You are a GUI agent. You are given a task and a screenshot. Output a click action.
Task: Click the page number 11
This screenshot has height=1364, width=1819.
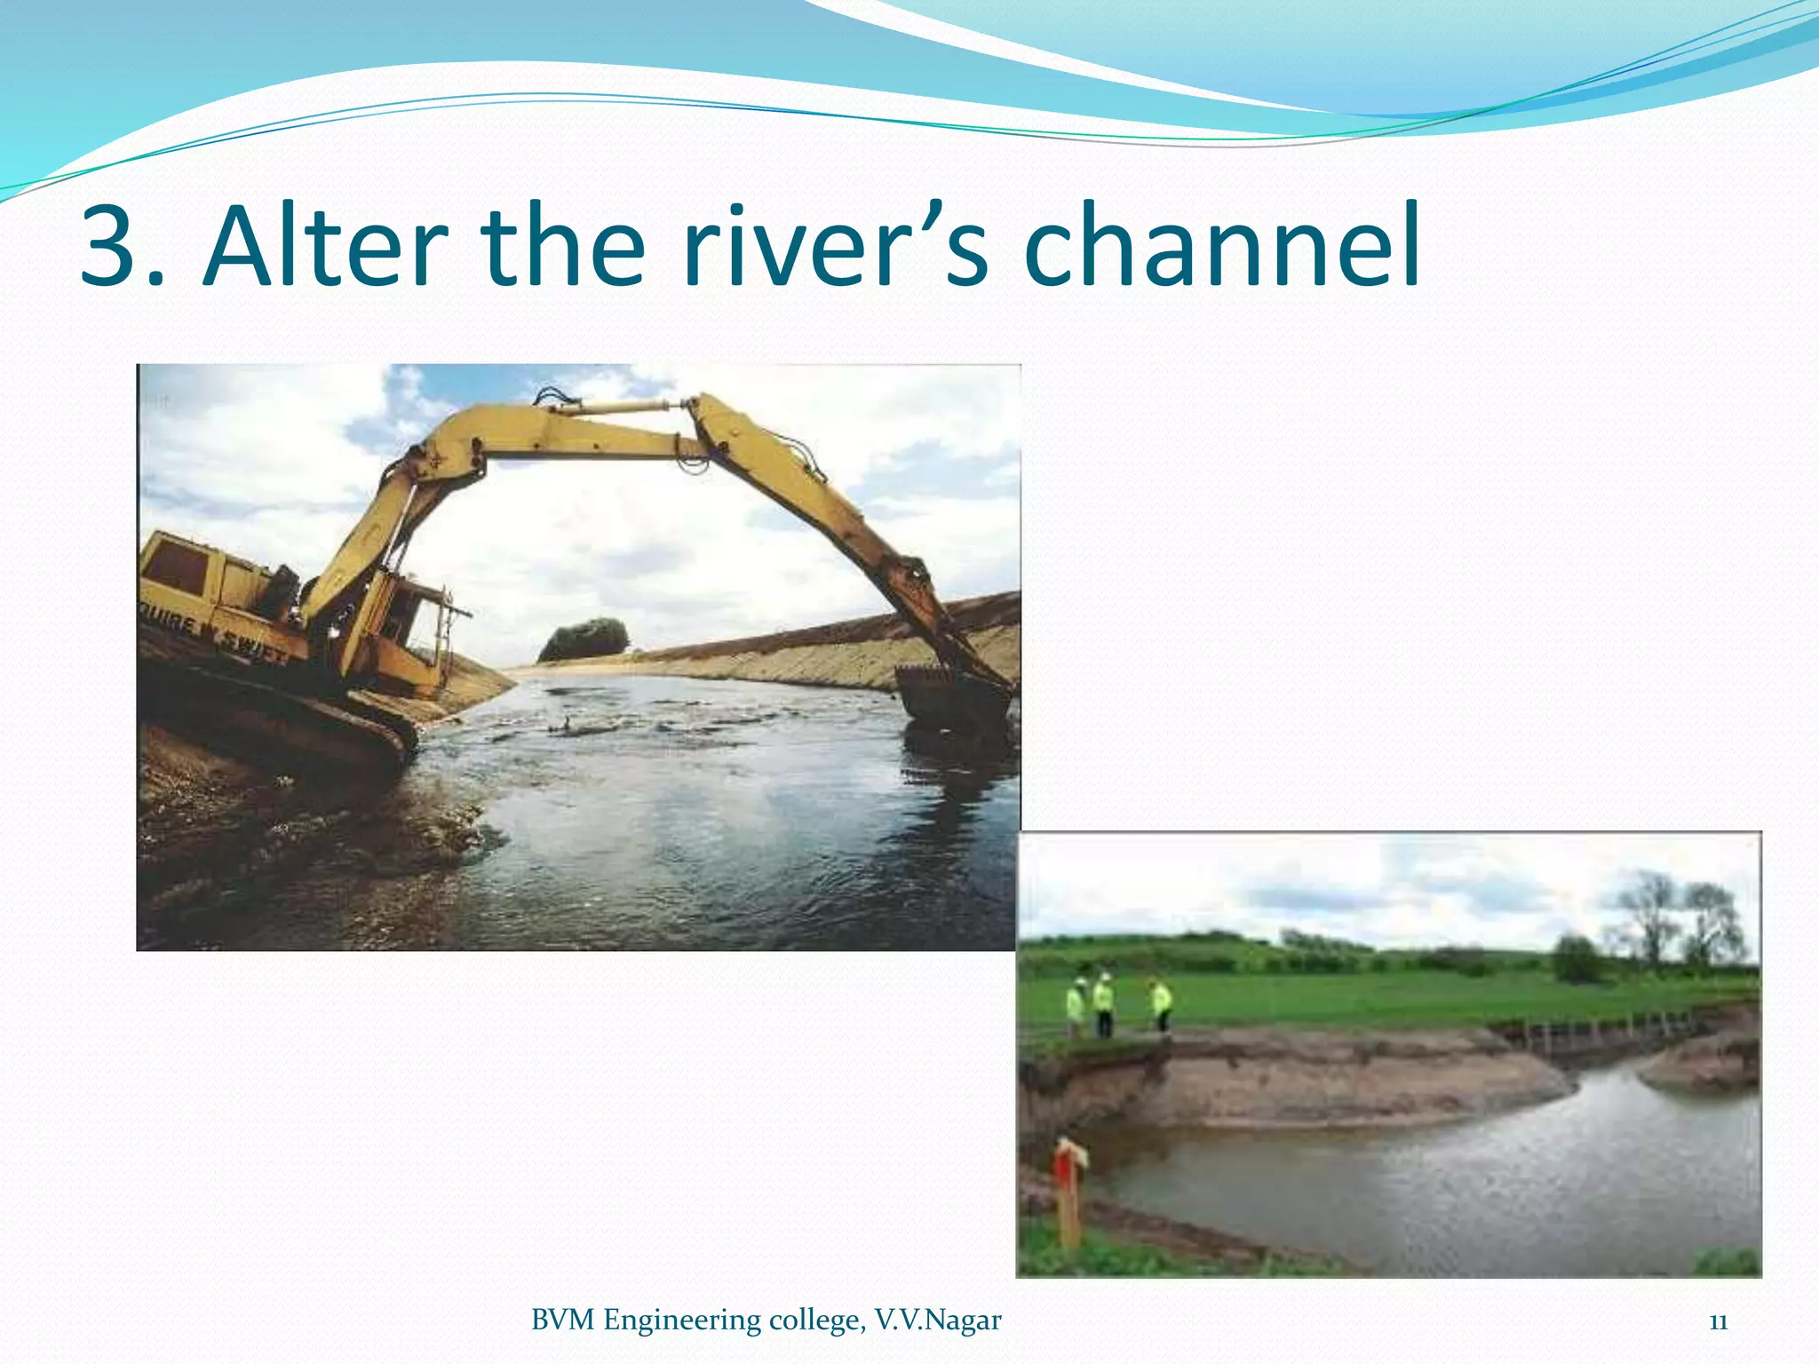click(1718, 1321)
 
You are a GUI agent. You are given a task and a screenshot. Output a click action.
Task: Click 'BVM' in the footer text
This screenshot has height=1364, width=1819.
click(564, 1320)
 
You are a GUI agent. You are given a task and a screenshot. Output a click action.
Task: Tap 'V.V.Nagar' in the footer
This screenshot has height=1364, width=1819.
click(938, 1320)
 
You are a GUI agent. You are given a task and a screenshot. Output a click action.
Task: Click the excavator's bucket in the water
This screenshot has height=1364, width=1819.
click(950, 693)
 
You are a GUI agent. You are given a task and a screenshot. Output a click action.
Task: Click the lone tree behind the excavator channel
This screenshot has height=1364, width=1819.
click(584, 639)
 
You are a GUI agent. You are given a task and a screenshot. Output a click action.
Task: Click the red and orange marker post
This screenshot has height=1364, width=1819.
click(1068, 1190)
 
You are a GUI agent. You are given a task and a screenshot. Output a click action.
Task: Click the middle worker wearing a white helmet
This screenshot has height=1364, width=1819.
click(1102, 1003)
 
